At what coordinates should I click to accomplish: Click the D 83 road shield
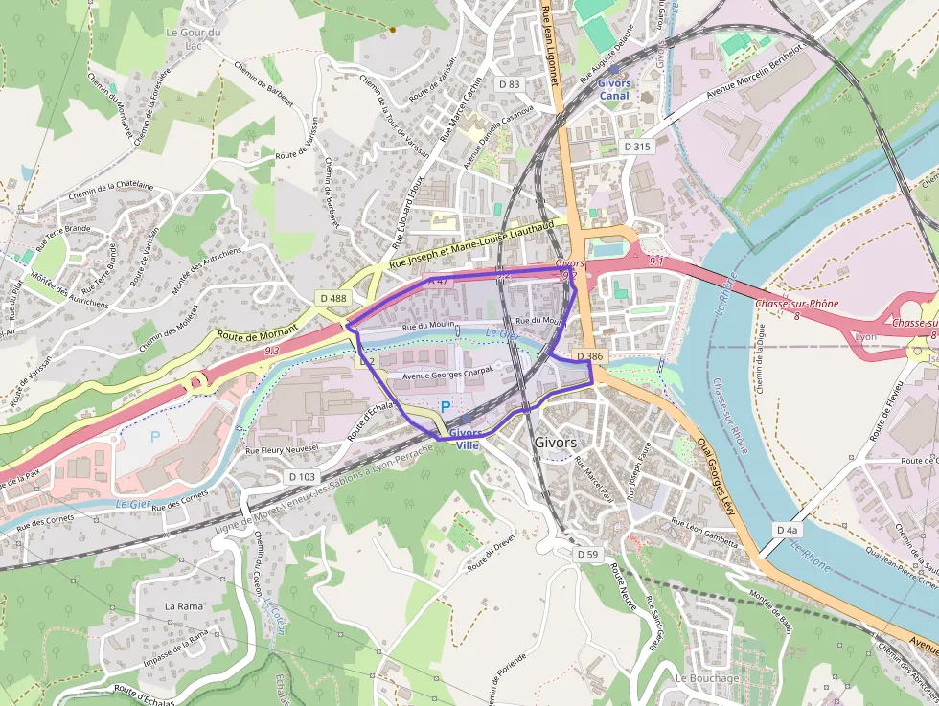pos(510,84)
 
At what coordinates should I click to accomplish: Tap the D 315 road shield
pos(636,147)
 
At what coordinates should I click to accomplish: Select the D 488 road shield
pos(333,298)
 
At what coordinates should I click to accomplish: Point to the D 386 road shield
pos(590,356)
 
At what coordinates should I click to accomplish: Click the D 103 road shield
pos(301,476)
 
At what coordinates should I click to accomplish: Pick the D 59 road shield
pos(587,555)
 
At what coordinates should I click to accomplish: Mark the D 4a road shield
pos(787,530)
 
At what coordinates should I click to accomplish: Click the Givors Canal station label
pos(614,89)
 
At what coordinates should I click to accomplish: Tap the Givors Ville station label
pos(467,439)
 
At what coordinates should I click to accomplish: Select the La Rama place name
pos(183,606)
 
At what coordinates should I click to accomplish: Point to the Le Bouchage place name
pos(707,678)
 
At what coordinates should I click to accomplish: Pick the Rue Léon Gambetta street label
pos(705,533)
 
